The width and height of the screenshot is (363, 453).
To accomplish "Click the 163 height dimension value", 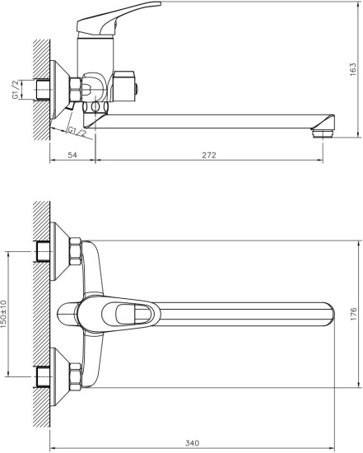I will pyautogui.click(x=352, y=70).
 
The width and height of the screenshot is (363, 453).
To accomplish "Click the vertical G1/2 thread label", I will pyautogui.click(x=16, y=88).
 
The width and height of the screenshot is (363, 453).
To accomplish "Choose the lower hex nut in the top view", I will pyautogui.click(x=73, y=376).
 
